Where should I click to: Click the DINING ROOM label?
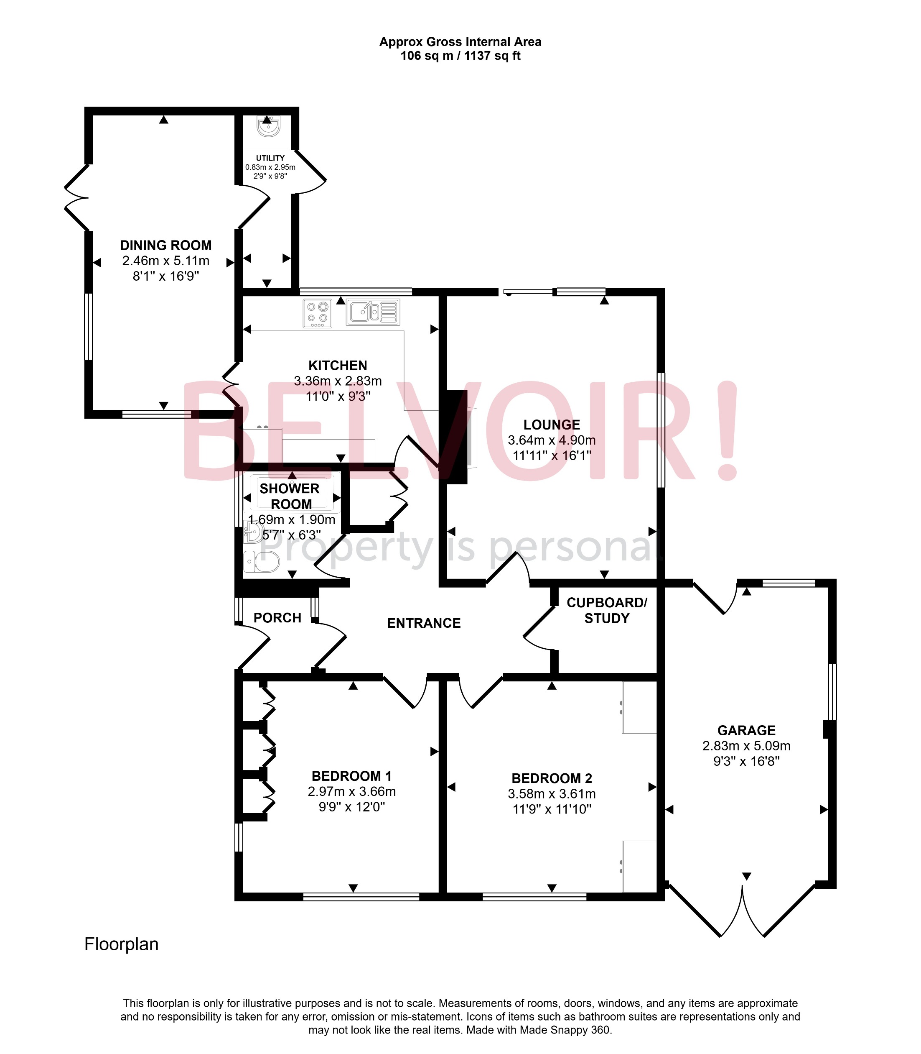pos(165,246)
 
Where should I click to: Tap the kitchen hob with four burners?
pos(317,313)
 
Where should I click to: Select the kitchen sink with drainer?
pos(373,312)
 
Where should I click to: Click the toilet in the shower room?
pos(262,562)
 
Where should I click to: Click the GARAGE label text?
pos(746,730)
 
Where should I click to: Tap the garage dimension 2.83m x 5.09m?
pos(746,745)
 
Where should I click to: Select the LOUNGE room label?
pos(552,425)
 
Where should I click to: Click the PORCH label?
pos(277,617)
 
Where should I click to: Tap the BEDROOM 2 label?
pos(552,778)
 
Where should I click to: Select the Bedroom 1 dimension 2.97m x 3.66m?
pos(351,791)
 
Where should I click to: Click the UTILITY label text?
pos(270,158)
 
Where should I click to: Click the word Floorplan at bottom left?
pos(121,944)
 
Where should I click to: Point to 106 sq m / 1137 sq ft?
pos(460,56)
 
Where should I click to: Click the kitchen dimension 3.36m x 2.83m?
pos(338,381)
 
